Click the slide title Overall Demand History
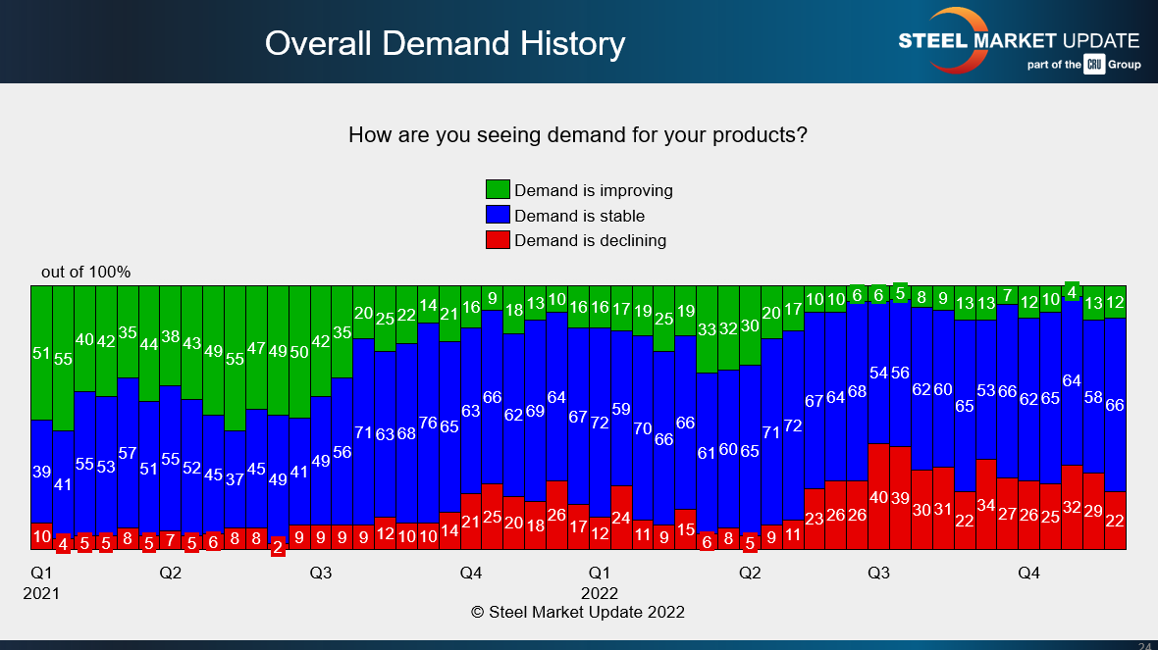(445, 43)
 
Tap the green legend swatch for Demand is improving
(498, 190)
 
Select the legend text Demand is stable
(579, 216)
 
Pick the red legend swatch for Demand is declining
(498, 240)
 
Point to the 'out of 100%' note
(85, 272)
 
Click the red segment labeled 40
(879, 496)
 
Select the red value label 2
(278, 548)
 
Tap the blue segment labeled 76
(428, 422)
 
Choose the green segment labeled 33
(707, 329)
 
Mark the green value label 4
(1073, 291)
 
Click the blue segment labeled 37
(235, 478)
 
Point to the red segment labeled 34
(986, 504)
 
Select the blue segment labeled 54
(879, 374)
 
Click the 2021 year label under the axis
(41, 593)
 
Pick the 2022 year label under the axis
(600, 593)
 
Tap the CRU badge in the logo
(1094, 65)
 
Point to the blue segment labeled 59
(621, 408)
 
